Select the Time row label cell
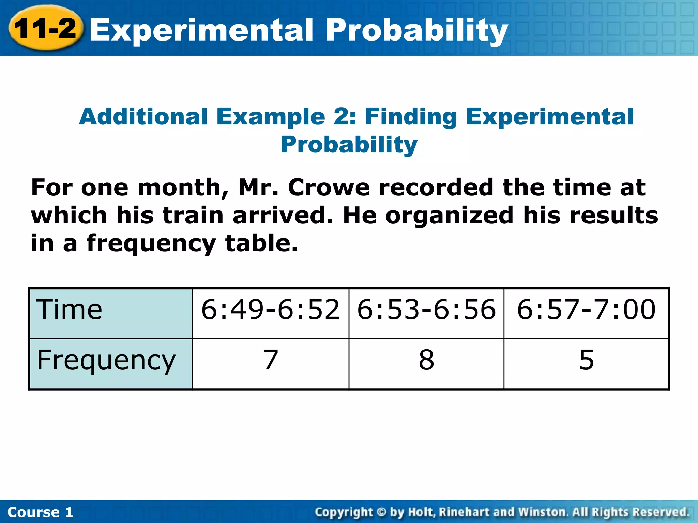111,313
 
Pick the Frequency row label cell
111,364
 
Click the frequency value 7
271,360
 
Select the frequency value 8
426,360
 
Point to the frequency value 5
587,360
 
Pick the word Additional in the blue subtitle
143,117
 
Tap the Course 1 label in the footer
40,512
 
